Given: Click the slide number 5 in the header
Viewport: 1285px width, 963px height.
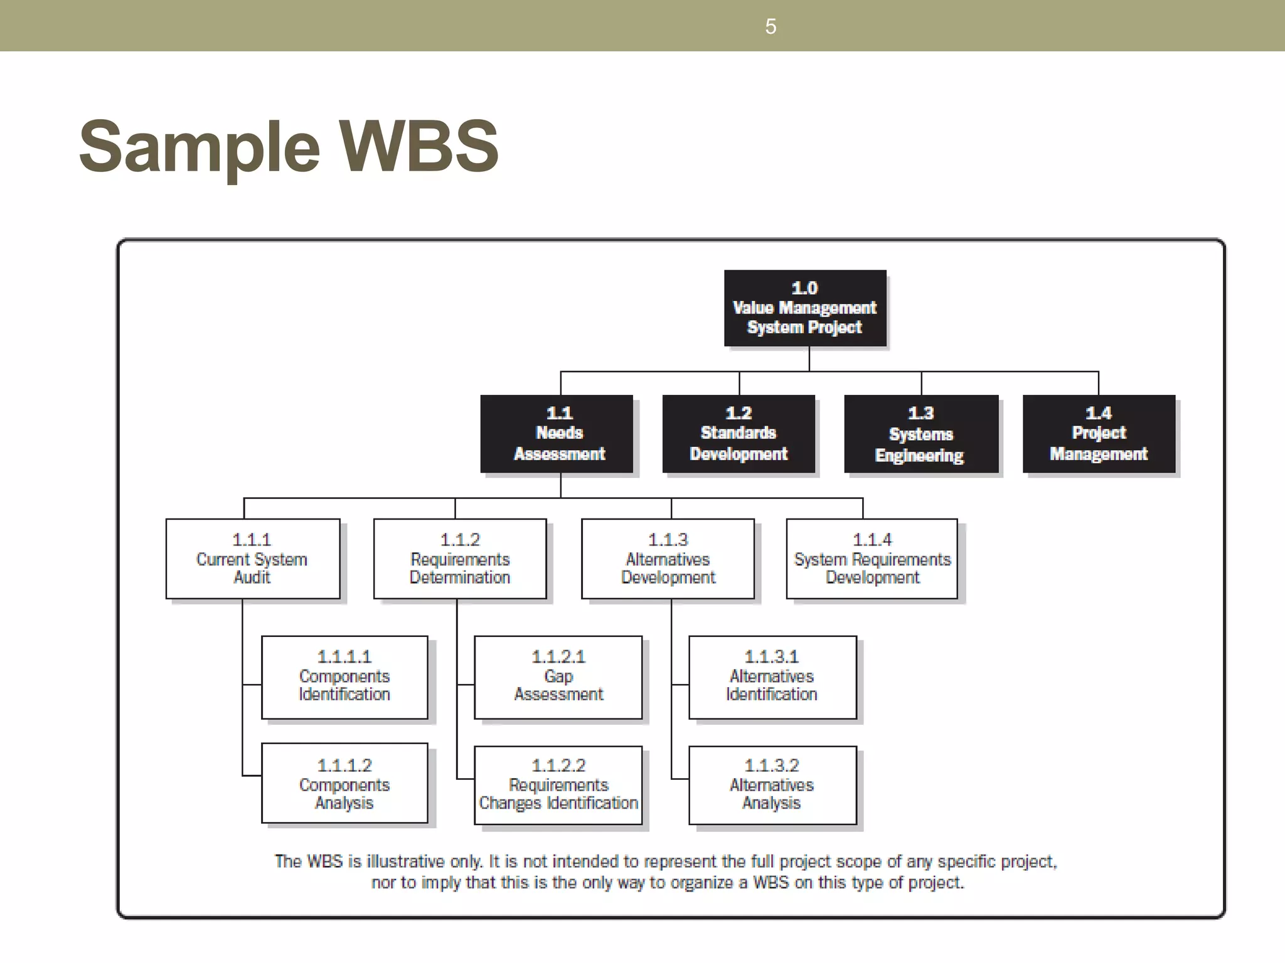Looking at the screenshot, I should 770,26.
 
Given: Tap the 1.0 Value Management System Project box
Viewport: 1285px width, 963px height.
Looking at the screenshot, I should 805,308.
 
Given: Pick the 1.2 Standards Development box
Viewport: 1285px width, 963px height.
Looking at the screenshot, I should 738,434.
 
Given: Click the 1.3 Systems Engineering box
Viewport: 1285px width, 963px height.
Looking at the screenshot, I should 920,434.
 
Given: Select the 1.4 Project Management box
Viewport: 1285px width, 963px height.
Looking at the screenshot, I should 1099,434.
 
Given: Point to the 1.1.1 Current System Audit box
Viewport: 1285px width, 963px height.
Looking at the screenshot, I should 253,559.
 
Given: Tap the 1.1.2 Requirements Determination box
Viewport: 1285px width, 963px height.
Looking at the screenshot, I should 460,559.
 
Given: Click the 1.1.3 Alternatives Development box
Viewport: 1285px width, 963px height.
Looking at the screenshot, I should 668,559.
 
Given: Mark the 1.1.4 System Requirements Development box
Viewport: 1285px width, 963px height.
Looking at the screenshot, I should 872,559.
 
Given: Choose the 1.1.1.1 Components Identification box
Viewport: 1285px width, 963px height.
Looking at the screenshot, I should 344,677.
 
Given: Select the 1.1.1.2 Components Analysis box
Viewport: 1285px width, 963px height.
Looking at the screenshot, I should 344,783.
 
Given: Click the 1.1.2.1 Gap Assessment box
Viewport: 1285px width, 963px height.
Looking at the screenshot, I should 558,677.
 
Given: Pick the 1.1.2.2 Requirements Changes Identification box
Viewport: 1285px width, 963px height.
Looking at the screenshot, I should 558,785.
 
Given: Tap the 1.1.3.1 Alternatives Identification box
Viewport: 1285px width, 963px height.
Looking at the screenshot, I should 772,677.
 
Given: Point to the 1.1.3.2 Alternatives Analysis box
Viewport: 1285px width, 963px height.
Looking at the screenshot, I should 772,785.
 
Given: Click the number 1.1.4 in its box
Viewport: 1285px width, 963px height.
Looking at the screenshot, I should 872,539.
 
